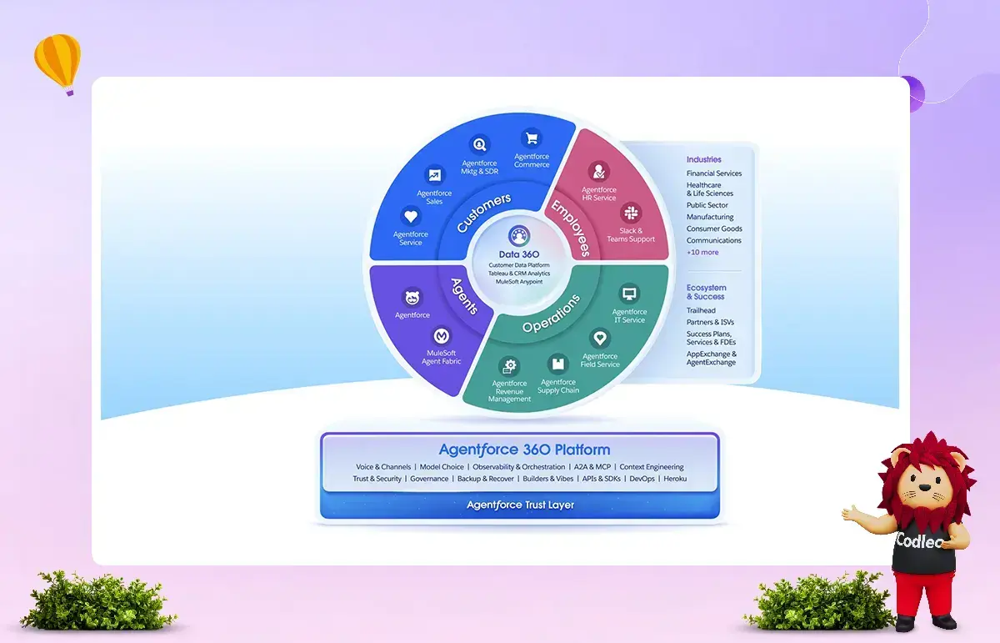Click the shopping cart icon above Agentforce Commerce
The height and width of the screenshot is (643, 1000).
click(x=532, y=138)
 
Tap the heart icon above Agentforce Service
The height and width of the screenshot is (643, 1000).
click(x=411, y=216)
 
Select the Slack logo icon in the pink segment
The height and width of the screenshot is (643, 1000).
click(x=631, y=213)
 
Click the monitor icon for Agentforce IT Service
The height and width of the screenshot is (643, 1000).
click(x=629, y=294)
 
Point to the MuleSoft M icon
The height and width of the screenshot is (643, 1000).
click(x=442, y=335)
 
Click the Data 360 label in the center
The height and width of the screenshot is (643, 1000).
click(x=518, y=254)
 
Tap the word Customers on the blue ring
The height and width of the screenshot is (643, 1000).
click(x=483, y=213)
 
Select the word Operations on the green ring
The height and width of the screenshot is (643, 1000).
click(x=552, y=314)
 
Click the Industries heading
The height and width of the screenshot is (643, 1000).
click(x=703, y=159)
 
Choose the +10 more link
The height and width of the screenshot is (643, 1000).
click(x=702, y=252)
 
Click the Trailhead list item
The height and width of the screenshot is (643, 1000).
click(x=701, y=310)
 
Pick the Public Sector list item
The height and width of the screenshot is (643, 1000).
click(x=707, y=205)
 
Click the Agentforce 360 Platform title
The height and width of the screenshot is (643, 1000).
click(x=524, y=450)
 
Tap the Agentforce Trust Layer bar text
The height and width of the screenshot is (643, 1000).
click(x=520, y=505)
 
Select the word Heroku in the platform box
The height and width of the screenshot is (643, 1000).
click(x=675, y=479)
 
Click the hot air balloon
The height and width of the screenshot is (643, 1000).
click(x=58, y=63)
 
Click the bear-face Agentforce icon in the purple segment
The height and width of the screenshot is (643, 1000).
click(x=412, y=297)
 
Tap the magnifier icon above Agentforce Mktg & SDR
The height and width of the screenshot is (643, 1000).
click(x=479, y=144)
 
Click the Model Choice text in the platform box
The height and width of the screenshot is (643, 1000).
click(x=442, y=467)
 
